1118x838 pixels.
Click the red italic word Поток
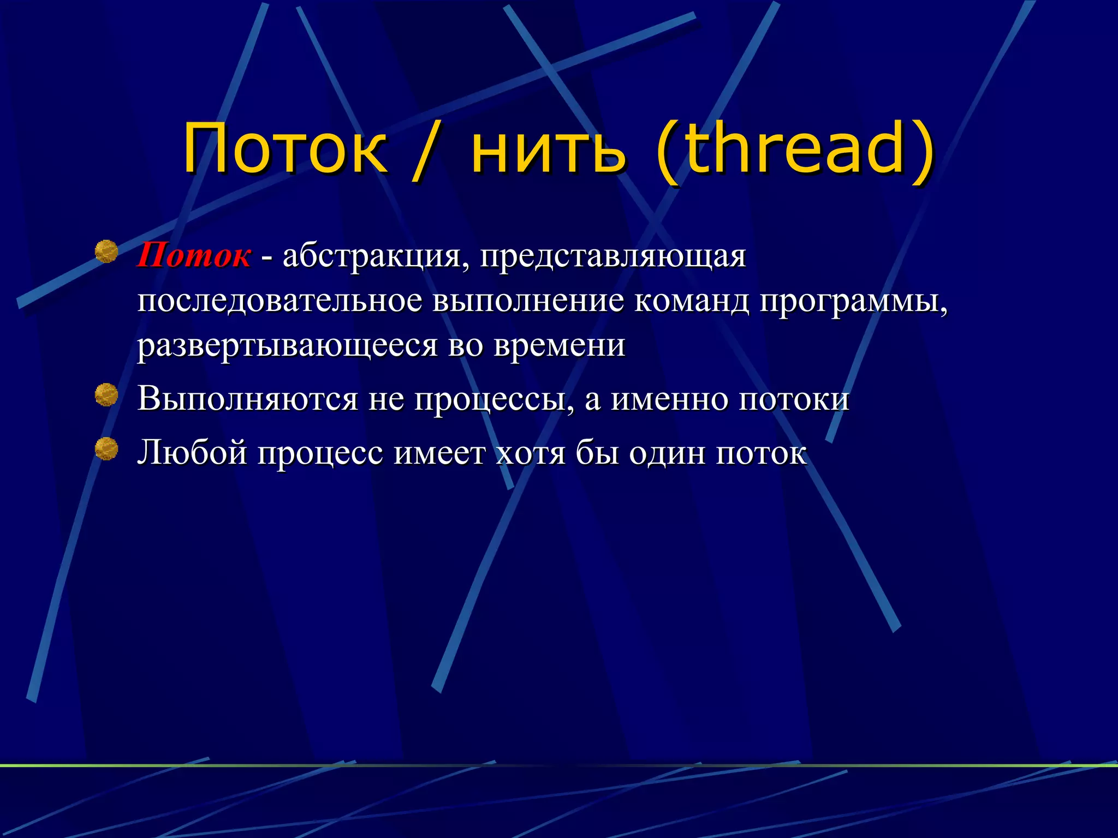[x=194, y=256]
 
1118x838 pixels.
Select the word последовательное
[x=279, y=301]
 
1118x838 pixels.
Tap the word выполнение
[x=528, y=301]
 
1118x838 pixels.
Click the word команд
[x=691, y=301]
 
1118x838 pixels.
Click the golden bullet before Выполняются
[x=106, y=395]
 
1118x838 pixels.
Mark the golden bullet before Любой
[x=106, y=448]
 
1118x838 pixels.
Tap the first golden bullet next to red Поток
[x=106, y=252]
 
